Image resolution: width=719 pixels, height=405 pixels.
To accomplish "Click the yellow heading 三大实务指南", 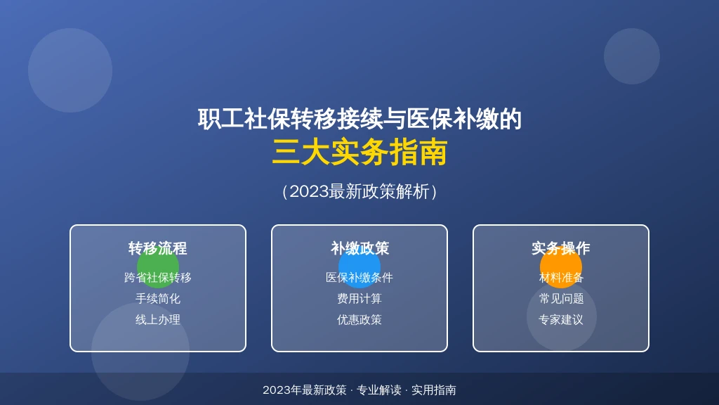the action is click(x=359, y=153).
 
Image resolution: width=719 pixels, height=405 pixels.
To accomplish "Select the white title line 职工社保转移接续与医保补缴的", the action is click(x=359, y=119).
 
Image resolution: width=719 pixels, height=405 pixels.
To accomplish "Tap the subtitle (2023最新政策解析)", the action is click(x=359, y=191).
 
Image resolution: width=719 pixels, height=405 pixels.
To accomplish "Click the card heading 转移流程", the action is click(x=158, y=248).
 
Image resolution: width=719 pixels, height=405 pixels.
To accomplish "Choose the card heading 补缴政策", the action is click(x=359, y=248).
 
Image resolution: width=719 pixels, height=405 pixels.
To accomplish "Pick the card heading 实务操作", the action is click(x=561, y=248).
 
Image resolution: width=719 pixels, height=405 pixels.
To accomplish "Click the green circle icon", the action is click(x=158, y=267).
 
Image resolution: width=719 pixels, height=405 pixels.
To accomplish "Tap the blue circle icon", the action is click(x=359, y=267).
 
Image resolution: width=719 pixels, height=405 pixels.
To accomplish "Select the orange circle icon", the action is click(x=561, y=267).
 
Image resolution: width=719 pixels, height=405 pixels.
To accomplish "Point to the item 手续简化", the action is click(x=158, y=298).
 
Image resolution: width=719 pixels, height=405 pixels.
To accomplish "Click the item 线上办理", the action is click(x=158, y=320).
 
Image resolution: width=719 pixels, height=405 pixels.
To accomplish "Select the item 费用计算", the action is click(x=359, y=298).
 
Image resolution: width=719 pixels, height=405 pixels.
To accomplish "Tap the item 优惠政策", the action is click(x=359, y=320).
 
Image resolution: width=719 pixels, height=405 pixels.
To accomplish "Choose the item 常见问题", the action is click(x=561, y=298).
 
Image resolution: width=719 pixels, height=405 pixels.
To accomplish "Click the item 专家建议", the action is click(x=561, y=320).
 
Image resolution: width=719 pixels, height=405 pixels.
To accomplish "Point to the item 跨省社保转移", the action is click(x=158, y=277).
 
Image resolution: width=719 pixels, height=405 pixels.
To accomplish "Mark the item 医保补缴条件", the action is click(x=359, y=277).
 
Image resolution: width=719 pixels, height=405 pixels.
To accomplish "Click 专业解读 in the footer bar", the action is click(x=378, y=390).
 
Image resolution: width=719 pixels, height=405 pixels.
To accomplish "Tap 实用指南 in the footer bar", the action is click(x=434, y=390).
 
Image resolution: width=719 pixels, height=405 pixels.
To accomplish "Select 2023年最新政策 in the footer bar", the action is click(x=305, y=390).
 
